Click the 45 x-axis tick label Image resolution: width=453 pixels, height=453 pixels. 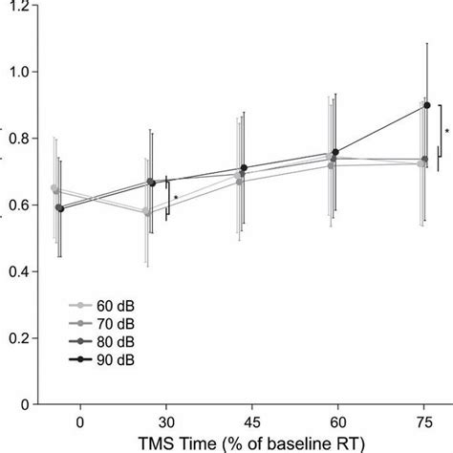pyautogui.click(x=250, y=421)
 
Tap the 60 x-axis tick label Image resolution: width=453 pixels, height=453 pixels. pyautogui.click(x=334, y=421)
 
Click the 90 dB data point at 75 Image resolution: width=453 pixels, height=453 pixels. pyautogui.click(x=426, y=105)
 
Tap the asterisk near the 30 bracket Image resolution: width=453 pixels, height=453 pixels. pyautogui.click(x=176, y=199)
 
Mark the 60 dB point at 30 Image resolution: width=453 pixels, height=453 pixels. pyautogui.click(x=146, y=211)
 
